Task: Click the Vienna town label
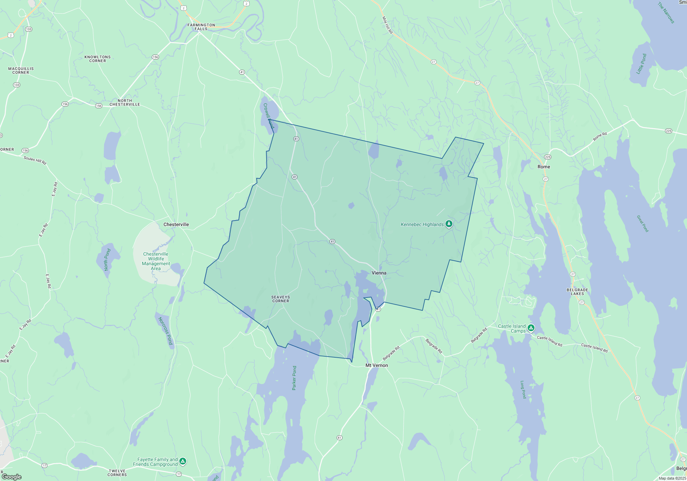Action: [379, 273]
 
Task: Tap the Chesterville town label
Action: [176, 224]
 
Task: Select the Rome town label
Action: [544, 167]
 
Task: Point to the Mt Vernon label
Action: [376, 365]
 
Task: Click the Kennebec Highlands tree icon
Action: [449, 224]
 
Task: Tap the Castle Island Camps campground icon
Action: [531, 328]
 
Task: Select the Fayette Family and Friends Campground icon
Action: [183, 461]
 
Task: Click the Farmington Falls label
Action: [201, 27]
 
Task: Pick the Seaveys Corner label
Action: [281, 299]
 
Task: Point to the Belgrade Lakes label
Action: [577, 292]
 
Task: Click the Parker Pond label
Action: [294, 378]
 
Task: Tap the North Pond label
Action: [107, 259]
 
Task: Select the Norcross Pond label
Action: [165, 331]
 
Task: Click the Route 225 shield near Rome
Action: [548, 157]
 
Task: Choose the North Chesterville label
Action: [125, 102]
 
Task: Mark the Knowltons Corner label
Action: [98, 59]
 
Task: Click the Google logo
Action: [12, 477]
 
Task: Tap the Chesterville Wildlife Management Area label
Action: [156, 261]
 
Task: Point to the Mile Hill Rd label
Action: [387, 25]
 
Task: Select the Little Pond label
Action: [641, 64]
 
